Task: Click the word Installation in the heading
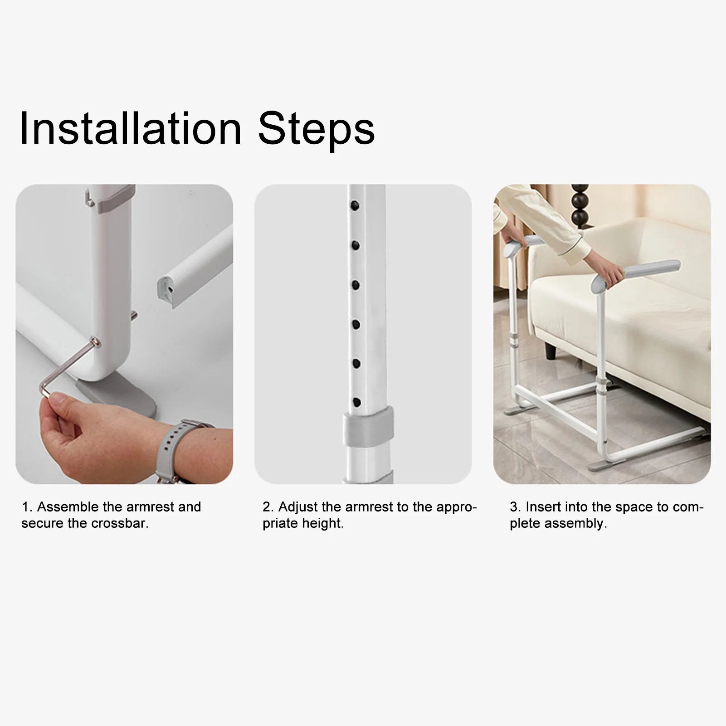pos(131,129)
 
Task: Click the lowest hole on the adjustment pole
pos(356,402)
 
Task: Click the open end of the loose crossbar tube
pos(166,292)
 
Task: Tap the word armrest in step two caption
pos(363,507)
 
